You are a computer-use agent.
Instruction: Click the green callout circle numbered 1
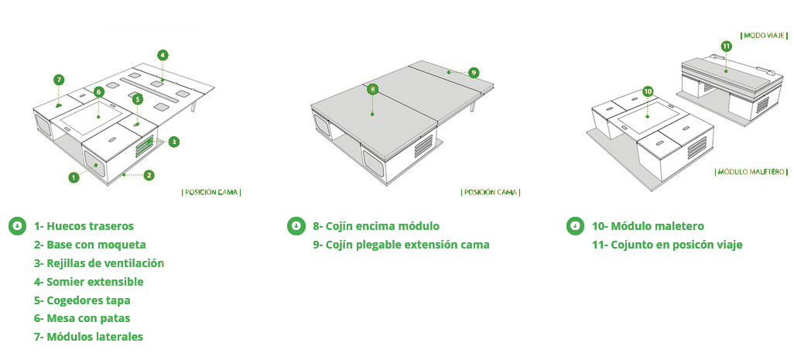(74, 177)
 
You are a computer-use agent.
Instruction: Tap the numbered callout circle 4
(162, 55)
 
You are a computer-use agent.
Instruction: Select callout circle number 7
(59, 80)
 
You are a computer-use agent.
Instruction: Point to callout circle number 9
(474, 73)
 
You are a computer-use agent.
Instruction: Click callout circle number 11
(726, 46)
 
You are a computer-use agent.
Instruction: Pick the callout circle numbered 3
(173, 142)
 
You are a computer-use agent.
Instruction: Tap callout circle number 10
(649, 91)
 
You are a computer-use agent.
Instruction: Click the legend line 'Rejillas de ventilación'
(99, 263)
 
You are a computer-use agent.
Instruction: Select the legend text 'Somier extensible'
(89, 282)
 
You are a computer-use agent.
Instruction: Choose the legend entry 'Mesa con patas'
(82, 318)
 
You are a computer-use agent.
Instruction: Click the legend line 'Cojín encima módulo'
(376, 226)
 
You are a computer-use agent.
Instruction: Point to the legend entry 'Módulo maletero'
(649, 226)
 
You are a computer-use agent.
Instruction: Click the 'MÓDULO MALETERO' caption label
(751, 172)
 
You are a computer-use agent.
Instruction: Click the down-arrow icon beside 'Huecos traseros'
(18, 226)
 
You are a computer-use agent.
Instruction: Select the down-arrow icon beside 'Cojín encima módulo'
(296, 226)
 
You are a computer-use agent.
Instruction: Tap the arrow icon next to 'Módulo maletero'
(575, 226)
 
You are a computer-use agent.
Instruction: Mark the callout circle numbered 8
(372, 90)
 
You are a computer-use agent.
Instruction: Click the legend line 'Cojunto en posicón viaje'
(667, 245)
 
